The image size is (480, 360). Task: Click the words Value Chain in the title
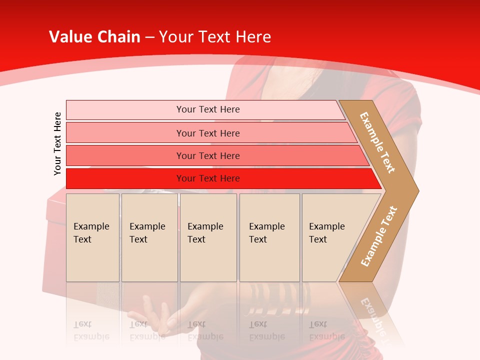click(94, 37)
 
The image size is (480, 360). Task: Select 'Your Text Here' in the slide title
click(215, 37)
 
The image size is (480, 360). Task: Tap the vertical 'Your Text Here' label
click(57, 143)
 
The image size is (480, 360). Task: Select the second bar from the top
click(208, 133)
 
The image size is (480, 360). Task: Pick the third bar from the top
click(208, 155)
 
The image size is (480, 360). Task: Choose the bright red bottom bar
click(208, 178)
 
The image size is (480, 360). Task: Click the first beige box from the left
click(92, 237)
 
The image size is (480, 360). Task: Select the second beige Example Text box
click(149, 237)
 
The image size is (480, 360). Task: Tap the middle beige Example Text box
click(208, 237)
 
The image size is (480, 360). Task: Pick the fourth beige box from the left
click(269, 237)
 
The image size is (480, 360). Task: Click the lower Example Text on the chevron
click(379, 236)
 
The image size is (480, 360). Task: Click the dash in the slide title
click(149, 37)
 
